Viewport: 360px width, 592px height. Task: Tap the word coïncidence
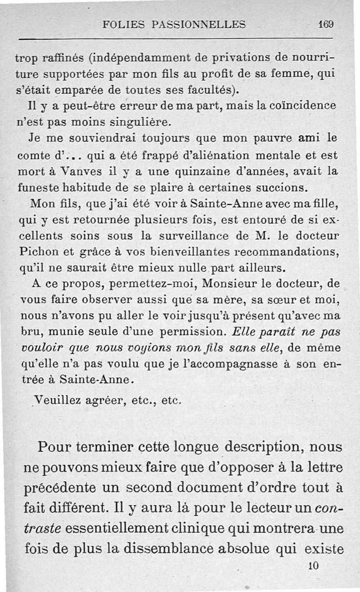tap(310, 106)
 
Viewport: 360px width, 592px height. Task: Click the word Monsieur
tap(233, 285)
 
